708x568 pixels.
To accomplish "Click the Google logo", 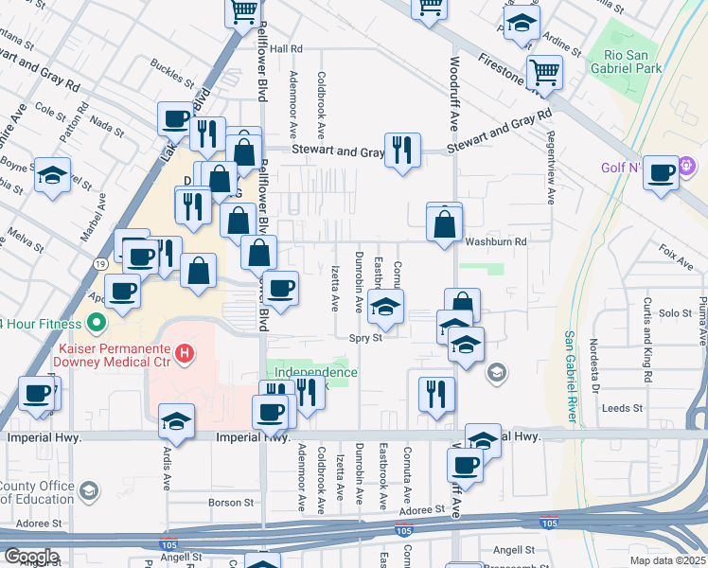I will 31,557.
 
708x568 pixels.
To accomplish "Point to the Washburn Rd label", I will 494,242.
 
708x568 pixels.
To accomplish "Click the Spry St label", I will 364,337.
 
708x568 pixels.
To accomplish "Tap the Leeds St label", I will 623,409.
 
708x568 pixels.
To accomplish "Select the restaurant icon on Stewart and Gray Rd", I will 402,150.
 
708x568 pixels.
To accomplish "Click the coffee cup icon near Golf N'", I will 662,172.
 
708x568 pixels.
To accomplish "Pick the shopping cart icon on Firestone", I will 544,71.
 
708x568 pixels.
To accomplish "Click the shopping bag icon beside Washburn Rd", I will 444,224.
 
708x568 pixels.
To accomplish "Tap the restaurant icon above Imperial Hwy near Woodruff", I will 436,393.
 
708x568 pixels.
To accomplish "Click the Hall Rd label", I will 285,48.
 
